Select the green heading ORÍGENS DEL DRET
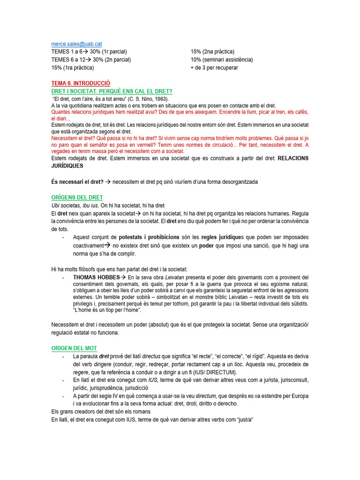coord(77,197)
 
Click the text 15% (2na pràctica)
coord(212,52)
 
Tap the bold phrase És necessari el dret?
coord(77,182)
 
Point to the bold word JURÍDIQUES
coord(67,166)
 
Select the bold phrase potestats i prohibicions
coord(149,237)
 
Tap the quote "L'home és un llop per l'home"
coord(107,310)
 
